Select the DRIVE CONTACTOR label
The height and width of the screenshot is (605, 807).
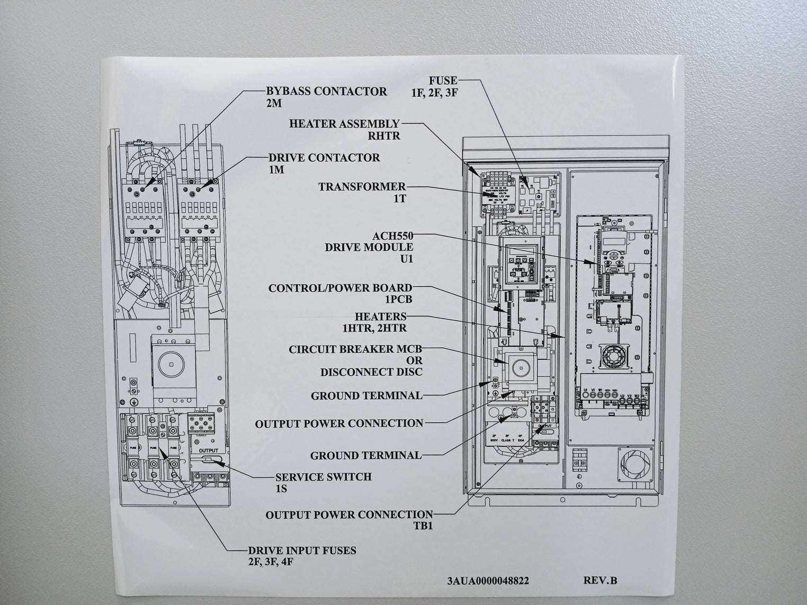[x=324, y=158]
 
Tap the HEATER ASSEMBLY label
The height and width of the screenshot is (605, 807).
[x=344, y=124]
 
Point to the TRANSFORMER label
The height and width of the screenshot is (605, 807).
[x=362, y=187]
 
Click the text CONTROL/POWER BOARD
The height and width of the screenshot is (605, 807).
[x=340, y=288]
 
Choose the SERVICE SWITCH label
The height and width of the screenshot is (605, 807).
[x=323, y=476]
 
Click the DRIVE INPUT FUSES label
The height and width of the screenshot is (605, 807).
[x=302, y=550]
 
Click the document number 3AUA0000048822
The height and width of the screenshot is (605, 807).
[x=488, y=580]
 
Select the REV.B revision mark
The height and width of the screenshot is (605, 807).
[x=600, y=580]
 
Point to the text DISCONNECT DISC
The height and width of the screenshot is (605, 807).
[x=371, y=372]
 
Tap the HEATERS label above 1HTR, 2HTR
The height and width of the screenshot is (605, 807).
[x=380, y=317]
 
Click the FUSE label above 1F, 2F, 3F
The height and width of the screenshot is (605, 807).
[x=443, y=81]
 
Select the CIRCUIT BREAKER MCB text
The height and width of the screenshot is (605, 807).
[x=355, y=350]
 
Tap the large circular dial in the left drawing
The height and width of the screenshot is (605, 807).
[x=171, y=365]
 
